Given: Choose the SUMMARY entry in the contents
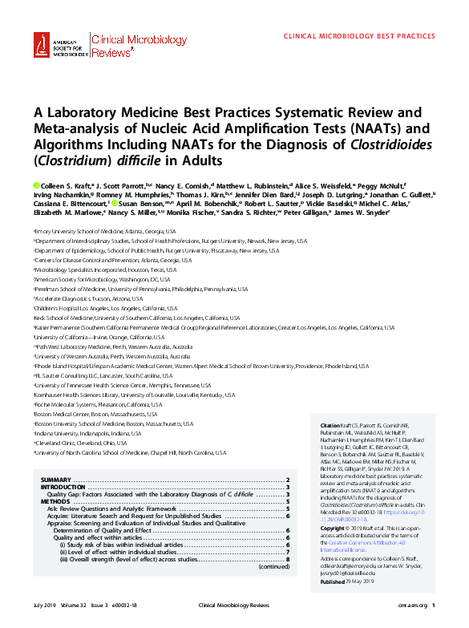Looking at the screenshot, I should tap(57, 480).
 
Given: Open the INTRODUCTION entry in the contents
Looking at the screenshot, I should tap(63, 487).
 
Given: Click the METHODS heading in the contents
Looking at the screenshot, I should tap(55, 501).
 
